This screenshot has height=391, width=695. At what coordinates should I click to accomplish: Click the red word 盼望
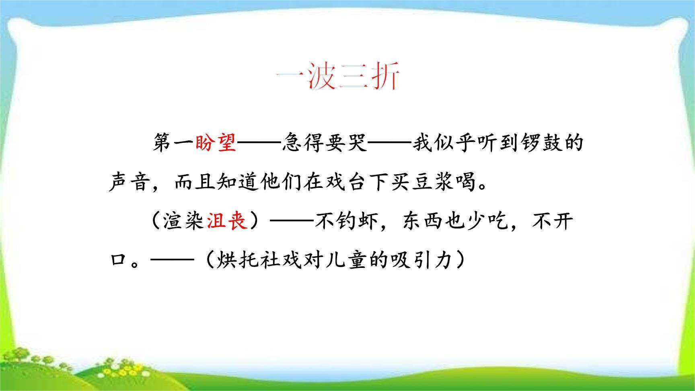click(x=216, y=143)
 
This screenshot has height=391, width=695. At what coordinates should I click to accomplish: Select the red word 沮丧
click(x=227, y=221)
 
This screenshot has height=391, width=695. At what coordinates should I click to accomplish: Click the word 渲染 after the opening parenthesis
click(x=184, y=221)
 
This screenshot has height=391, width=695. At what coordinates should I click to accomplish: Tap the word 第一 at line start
click(x=173, y=143)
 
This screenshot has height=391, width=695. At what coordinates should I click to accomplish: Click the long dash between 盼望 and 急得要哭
click(x=259, y=143)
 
